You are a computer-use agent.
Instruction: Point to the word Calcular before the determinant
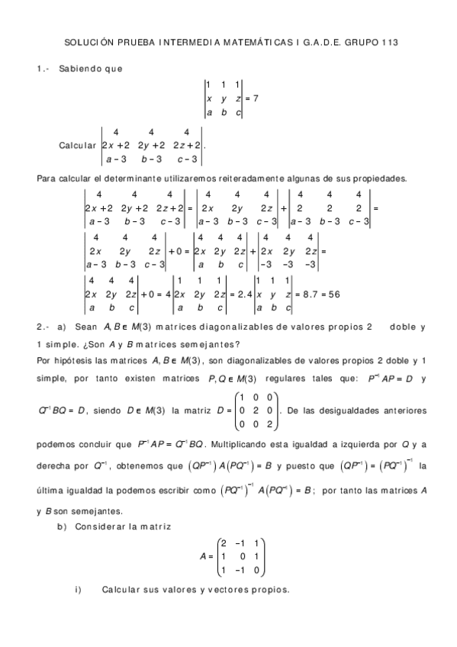77,145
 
